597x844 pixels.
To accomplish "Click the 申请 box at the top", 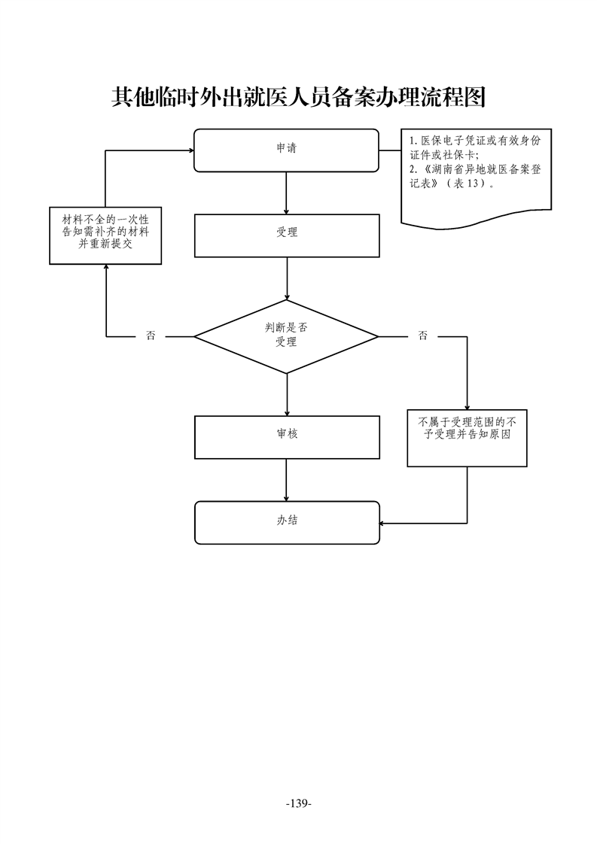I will (x=286, y=150).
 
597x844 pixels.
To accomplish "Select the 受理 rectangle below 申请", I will (x=286, y=235).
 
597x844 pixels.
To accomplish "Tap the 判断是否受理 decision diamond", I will (x=286, y=335).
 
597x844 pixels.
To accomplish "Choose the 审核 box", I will (x=286, y=436).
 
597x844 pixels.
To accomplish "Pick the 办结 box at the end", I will (x=286, y=521).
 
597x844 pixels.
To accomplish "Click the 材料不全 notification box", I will (x=105, y=235).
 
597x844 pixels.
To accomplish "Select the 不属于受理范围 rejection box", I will (x=467, y=438).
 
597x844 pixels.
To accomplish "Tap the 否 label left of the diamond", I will (x=151, y=336).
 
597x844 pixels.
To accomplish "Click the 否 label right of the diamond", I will (x=422, y=336).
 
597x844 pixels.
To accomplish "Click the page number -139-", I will (x=298, y=804).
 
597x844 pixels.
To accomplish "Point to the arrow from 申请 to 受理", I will (x=286, y=193).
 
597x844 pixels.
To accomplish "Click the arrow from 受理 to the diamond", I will (x=286, y=279).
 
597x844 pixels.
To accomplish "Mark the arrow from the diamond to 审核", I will (x=286, y=394).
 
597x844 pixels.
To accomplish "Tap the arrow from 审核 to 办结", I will (x=286, y=479).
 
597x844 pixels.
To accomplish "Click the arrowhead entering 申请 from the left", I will (x=189, y=150).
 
